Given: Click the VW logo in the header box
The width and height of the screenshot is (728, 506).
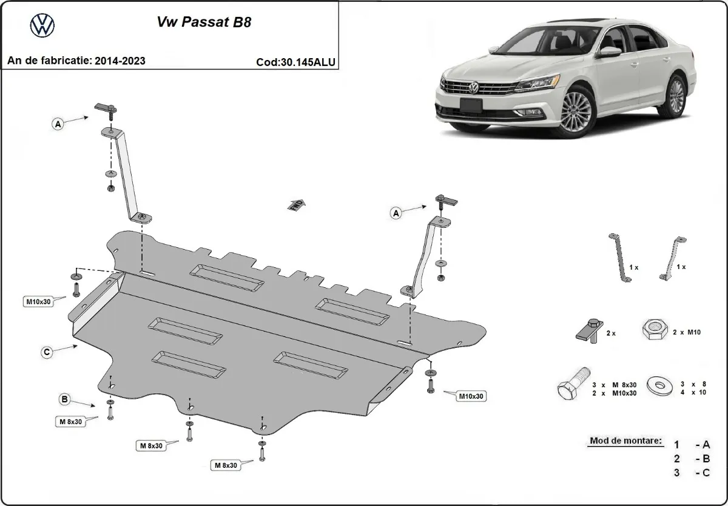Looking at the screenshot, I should coord(42,25).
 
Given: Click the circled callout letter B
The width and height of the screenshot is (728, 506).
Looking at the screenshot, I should coord(63,399).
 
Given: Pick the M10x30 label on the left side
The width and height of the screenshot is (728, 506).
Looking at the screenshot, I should coord(38,301).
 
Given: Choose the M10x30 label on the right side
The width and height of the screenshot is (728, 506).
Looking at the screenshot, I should coord(472,396).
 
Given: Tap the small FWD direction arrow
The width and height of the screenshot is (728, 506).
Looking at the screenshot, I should coord(296,205).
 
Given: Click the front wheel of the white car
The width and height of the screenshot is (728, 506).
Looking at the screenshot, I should coord(575,113).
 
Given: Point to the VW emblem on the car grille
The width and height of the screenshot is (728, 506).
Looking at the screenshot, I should coord(473,88).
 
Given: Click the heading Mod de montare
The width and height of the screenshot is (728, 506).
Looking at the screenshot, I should coord(625,441).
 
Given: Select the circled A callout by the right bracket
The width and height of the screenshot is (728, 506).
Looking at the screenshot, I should coord(396,213).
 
